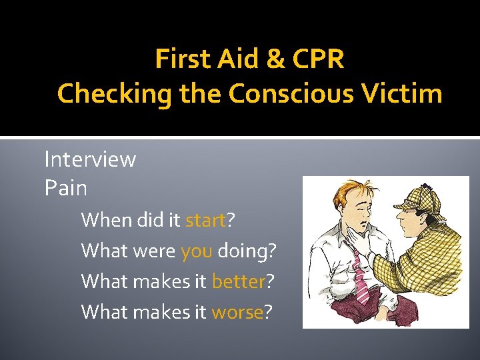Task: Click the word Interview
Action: pyautogui.click(x=90, y=159)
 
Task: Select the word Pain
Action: pyautogui.click(x=65, y=188)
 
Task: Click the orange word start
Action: pyautogui.click(x=205, y=220)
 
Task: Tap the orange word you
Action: pyautogui.click(x=197, y=251)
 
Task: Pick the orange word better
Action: pyautogui.click(x=239, y=281)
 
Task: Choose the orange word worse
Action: pyautogui.click(x=237, y=312)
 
